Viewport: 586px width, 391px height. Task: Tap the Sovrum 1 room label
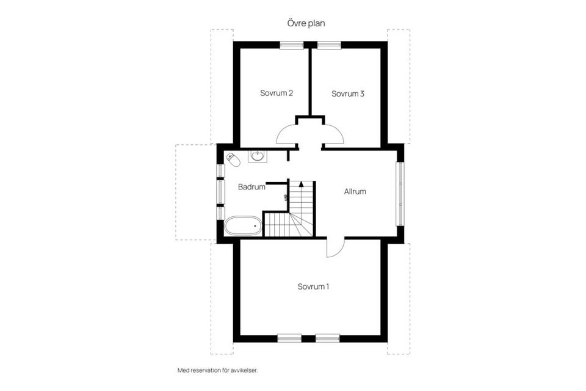pyautogui.click(x=313, y=287)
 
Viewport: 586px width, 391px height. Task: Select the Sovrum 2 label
pyautogui.click(x=277, y=93)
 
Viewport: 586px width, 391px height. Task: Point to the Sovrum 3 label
pyautogui.click(x=348, y=93)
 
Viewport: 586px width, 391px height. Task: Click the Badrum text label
pyautogui.click(x=251, y=187)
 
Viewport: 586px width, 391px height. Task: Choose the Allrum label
pyautogui.click(x=355, y=191)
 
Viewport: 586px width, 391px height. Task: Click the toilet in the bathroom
pyautogui.click(x=233, y=159)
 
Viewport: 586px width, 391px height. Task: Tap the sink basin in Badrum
pyautogui.click(x=256, y=156)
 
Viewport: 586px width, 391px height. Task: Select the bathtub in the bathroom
pyautogui.click(x=243, y=227)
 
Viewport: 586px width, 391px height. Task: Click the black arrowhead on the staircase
pyautogui.click(x=301, y=184)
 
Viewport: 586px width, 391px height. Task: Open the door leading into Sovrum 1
pyautogui.click(x=336, y=247)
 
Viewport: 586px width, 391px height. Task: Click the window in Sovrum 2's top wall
pyautogui.click(x=292, y=45)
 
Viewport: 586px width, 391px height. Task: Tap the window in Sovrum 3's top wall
pyautogui.click(x=329, y=45)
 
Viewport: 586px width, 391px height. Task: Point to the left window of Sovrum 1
pyautogui.click(x=289, y=338)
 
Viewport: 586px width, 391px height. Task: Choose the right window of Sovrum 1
pyautogui.click(x=328, y=338)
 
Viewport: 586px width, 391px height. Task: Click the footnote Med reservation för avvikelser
pyautogui.click(x=214, y=370)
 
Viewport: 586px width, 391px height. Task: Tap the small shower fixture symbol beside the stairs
pyautogui.click(x=286, y=197)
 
